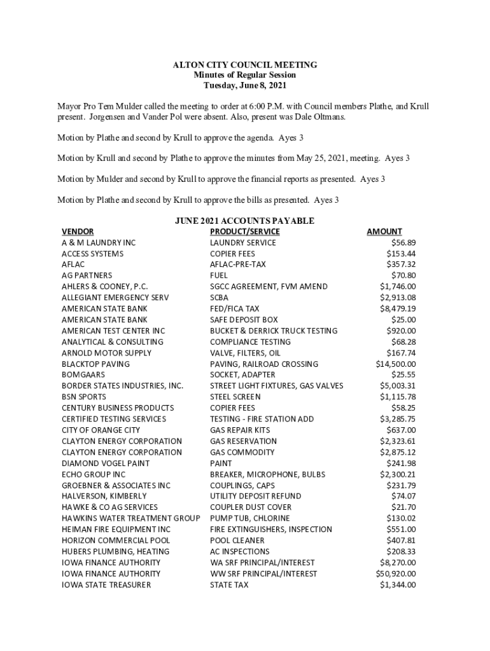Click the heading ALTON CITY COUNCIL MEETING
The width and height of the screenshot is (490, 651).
[x=245, y=65]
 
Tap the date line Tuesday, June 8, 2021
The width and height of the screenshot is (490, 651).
[x=245, y=85]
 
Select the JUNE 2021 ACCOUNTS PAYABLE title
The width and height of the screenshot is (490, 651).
[x=244, y=221]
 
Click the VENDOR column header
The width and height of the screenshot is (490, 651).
[x=78, y=231]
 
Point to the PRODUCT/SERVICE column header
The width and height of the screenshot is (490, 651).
[x=244, y=231]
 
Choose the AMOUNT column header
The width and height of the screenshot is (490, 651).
[x=384, y=231]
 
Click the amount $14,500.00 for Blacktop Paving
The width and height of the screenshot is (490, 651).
[x=396, y=364]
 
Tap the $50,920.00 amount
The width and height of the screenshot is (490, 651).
[x=396, y=573]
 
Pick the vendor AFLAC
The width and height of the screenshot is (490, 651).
[x=73, y=264]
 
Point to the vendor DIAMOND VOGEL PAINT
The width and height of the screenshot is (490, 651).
[x=106, y=463]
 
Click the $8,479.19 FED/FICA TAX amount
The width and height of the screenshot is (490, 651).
[x=398, y=308]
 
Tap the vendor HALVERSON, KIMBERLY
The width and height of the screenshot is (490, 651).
[x=104, y=496]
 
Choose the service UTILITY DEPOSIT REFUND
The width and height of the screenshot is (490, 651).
[x=255, y=496]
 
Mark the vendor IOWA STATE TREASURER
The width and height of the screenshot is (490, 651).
[x=106, y=584]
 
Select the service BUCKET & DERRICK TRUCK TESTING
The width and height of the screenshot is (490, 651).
[x=274, y=331]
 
